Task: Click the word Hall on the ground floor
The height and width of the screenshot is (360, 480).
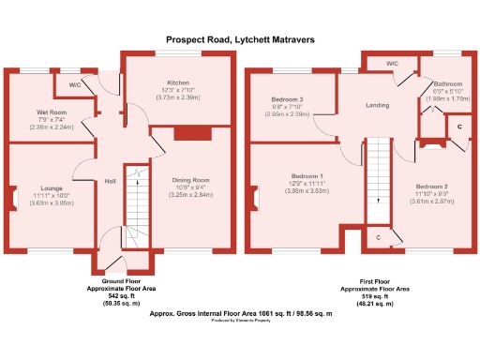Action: pyautogui.click(x=110, y=181)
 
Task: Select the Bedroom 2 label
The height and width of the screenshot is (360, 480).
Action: pyautogui.click(x=432, y=187)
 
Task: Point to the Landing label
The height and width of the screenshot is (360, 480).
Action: pyautogui.click(x=377, y=106)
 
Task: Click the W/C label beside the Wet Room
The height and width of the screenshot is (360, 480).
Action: pyautogui.click(x=74, y=84)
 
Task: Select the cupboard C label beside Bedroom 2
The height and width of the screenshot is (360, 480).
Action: pyautogui.click(x=458, y=126)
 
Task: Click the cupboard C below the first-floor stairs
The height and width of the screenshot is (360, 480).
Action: pyautogui.click(x=377, y=238)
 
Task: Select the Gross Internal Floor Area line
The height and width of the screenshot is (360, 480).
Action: pyautogui.click(x=241, y=315)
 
